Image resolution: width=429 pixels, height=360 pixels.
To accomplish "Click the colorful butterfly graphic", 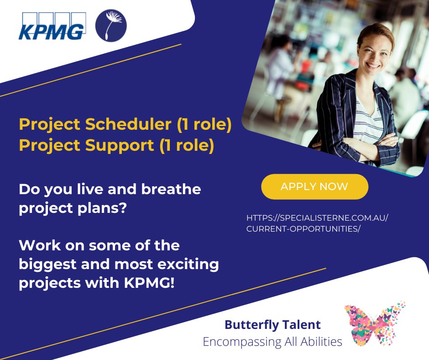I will point(374,323).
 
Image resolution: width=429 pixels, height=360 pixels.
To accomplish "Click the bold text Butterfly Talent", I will point(272,325).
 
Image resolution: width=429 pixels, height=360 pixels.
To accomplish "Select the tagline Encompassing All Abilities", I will point(272,341).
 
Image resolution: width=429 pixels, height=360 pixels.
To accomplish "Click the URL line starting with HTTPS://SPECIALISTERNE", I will point(317,218).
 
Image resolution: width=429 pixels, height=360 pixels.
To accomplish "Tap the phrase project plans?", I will point(73,207).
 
